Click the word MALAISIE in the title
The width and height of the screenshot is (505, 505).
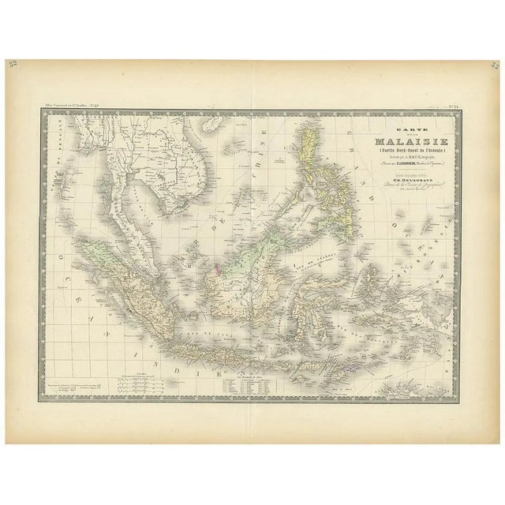396,142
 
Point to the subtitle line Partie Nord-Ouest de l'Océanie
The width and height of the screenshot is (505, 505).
396,153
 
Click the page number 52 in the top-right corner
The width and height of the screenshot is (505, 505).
492,65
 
